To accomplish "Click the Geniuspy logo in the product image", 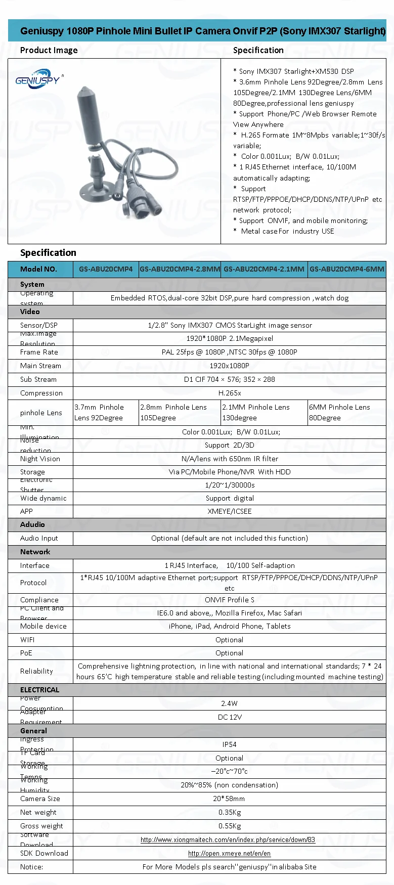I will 37,79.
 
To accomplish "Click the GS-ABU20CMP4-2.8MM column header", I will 180,269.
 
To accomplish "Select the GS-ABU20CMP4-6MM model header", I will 347,269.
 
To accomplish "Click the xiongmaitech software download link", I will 228,839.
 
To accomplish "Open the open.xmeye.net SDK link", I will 229,853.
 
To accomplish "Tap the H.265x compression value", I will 230,393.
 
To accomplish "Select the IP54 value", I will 229,744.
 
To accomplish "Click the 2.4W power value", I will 229,703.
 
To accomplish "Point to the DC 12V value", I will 230,717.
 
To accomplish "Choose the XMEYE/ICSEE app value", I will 230,511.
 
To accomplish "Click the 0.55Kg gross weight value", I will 230,826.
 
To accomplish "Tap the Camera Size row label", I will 40,799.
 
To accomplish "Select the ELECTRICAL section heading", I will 39,690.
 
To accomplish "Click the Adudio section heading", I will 32,524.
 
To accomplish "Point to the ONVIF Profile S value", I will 230,600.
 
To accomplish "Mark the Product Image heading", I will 49,50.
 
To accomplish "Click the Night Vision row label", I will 40,459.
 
